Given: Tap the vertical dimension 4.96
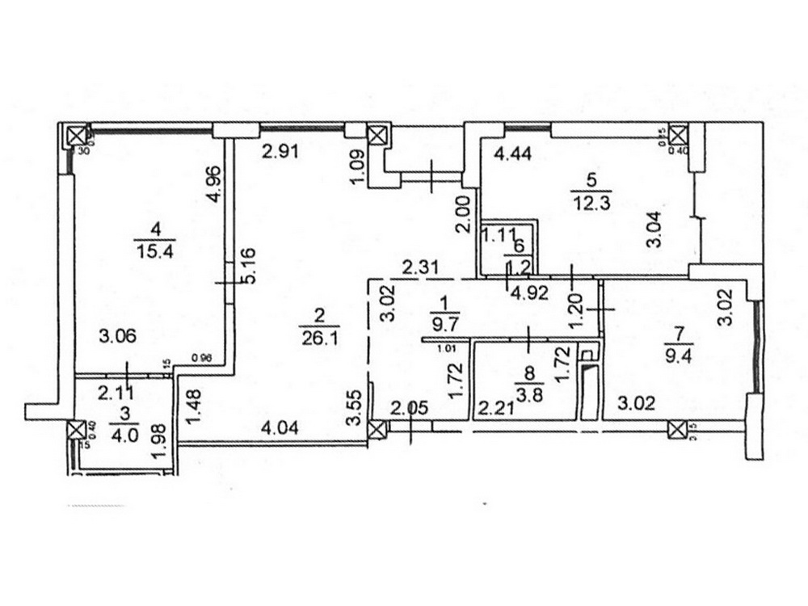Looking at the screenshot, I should pos(213,185).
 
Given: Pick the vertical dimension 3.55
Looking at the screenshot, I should pos(350,410).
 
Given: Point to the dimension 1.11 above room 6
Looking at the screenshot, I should pos(499,235).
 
